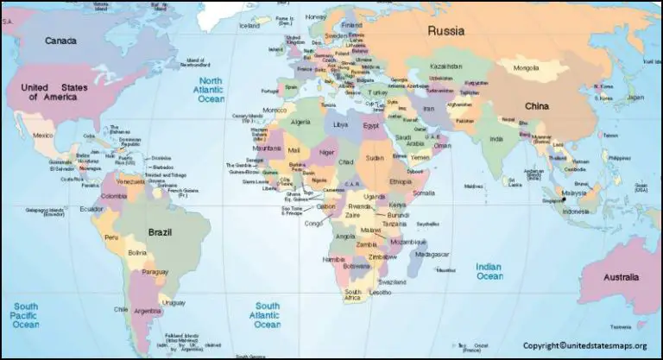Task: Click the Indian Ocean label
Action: click(489, 272)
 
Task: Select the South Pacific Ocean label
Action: click(25, 315)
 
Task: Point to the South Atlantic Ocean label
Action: click(267, 315)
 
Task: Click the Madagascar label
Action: click(432, 255)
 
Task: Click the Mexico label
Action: click(43, 136)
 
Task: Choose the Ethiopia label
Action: click(401, 183)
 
